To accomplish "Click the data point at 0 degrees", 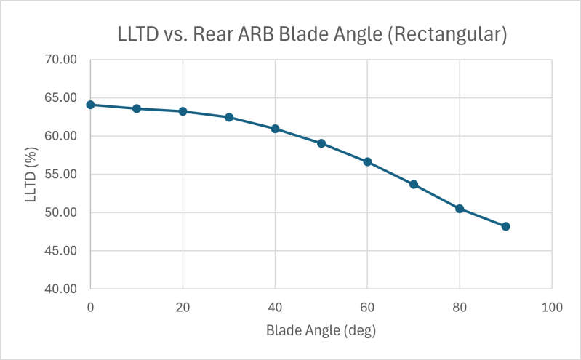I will pyautogui.click(x=90, y=105).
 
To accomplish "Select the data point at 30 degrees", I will pyautogui.click(x=229, y=117).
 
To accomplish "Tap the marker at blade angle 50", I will pyautogui.click(x=321, y=143).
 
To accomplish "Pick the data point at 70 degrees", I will pyautogui.click(x=414, y=184).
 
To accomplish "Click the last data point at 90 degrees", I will pyautogui.click(x=506, y=226).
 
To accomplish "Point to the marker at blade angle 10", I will pyautogui.click(x=137, y=108).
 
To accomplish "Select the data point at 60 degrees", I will pyautogui.click(x=367, y=161).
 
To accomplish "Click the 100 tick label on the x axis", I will pyautogui.click(x=552, y=308).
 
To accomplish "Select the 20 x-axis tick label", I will pyautogui.click(x=183, y=308).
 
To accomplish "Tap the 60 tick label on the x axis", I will pyautogui.click(x=367, y=308).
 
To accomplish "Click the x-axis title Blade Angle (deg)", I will pyautogui.click(x=321, y=330).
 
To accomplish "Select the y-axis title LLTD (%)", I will pyautogui.click(x=31, y=175).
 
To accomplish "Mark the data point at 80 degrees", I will pyautogui.click(x=460, y=209).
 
